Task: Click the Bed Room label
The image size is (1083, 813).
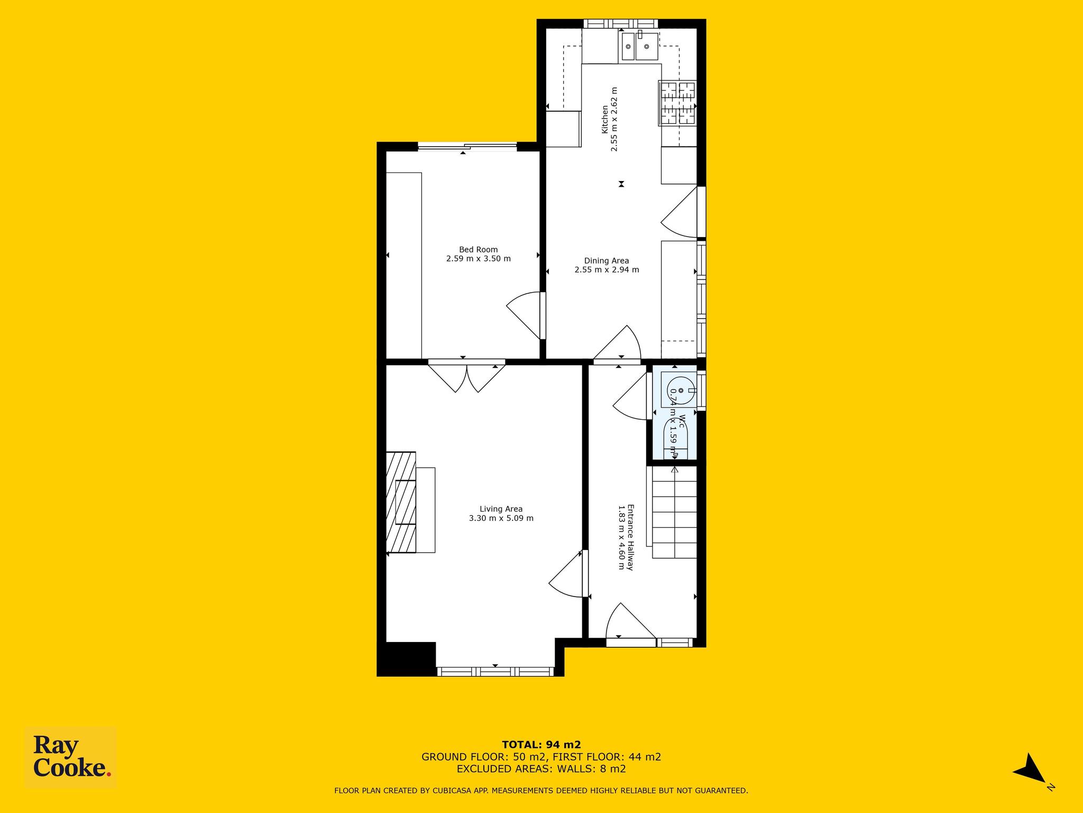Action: click(x=478, y=250)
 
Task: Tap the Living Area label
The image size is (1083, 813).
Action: click(x=501, y=509)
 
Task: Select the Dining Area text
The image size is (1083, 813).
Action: click(x=607, y=260)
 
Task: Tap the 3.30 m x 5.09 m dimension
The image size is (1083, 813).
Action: click(x=501, y=518)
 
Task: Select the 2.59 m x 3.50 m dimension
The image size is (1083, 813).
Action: click(x=478, y=259)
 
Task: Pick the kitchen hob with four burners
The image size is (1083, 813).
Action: click(x=677, y=103)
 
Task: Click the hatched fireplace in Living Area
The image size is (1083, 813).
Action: click(x=401, y=502)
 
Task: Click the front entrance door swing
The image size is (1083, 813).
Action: click(x=630, y=621)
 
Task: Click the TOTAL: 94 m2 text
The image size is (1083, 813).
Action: click(x=541, y=745)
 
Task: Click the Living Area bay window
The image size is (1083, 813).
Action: click(x=495, y=672)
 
